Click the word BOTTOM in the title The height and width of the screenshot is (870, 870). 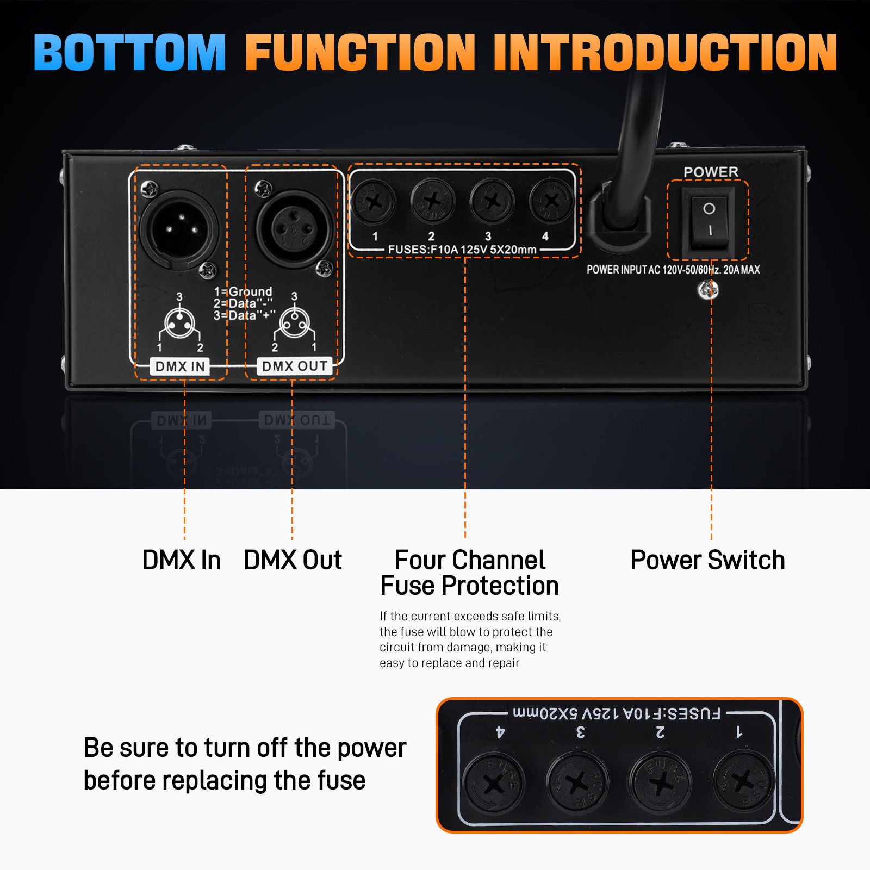129,52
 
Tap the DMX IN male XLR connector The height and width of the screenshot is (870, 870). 178,228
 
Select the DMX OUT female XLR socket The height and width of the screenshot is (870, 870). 294,228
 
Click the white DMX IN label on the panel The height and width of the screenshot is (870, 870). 180,366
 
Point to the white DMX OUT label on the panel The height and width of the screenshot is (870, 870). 295,366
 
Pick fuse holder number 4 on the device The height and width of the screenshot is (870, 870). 551,201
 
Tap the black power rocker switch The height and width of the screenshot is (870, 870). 709,221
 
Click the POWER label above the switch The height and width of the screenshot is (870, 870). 711,172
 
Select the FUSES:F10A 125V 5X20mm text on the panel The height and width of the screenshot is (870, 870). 462,250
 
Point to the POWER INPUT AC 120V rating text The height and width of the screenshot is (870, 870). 673,270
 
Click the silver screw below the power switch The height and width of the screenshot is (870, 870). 708,290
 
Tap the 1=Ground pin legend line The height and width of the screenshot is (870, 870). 243,291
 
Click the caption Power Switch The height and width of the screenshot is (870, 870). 707,560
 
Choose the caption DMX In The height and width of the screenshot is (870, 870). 181,560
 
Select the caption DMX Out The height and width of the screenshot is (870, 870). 293,560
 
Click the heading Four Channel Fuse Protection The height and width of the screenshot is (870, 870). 469,573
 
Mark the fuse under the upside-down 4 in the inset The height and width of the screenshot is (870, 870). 494,783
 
